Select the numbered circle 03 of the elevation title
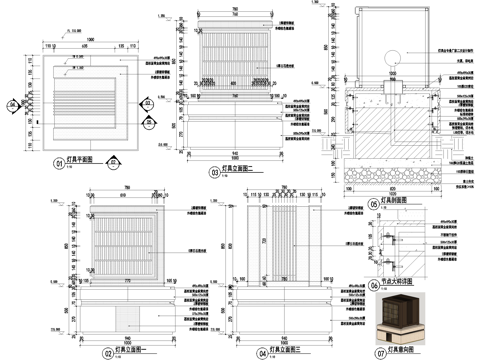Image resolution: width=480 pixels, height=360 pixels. (x=213, y=172)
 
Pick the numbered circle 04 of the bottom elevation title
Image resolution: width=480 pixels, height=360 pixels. (x=261, y=352)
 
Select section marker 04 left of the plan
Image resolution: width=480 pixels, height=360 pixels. (x=12, y=104)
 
